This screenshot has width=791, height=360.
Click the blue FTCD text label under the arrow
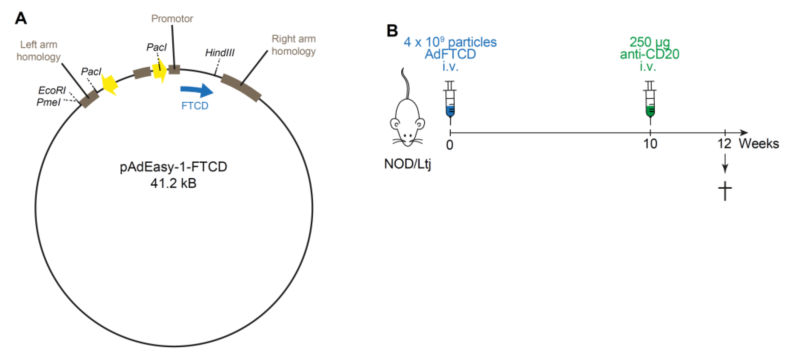click(x=195, y=106)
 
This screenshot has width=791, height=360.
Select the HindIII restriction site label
click(x=220, y=53)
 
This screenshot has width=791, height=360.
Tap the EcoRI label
click(x=51, y=90)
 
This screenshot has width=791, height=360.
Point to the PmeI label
click(x=48, y=102)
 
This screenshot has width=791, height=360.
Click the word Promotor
click(x=172, y=19)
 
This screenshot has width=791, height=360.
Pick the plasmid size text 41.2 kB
click(x=173, y=183)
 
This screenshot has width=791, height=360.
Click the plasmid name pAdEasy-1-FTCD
click(x=173, y=167)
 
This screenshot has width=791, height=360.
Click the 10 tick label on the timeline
click(x=650, y=144)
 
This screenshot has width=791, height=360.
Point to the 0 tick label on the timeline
click(x=450, y=145)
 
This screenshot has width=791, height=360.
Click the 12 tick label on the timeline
click(x=724, y=144)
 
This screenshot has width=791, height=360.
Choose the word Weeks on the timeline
click(x=759, y=144)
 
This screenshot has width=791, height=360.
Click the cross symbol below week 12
click(x=725, y=190)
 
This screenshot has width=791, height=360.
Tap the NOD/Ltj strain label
click(x=407, y=164)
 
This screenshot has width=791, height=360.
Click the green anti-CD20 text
click(x=650, y=54)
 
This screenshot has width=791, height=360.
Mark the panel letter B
click(x=392, y=31)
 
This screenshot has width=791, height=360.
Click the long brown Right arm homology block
click(x=241, y=88)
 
